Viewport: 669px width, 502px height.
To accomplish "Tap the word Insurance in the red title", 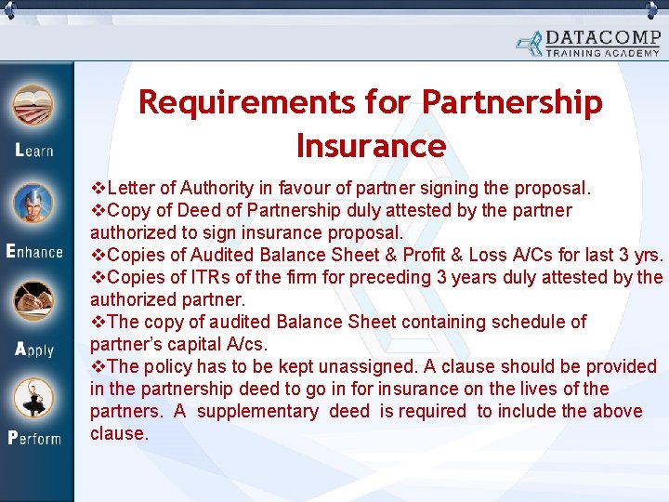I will (371, 146).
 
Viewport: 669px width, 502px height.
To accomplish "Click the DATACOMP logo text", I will (603, 37).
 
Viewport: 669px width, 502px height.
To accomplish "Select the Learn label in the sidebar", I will (34, 151).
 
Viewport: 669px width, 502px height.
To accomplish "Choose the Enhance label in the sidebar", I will (34, 251).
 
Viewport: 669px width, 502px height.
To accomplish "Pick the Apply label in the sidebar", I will (34, 350).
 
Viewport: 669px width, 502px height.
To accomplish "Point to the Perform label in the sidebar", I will (34, 437).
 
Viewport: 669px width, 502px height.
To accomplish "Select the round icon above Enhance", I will (34, 204).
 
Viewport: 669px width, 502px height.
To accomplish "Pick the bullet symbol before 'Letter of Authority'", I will (97, 188).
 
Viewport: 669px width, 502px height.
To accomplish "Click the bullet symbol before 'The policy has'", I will (97, 366).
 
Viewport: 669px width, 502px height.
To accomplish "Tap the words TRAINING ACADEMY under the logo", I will (602, 53).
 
